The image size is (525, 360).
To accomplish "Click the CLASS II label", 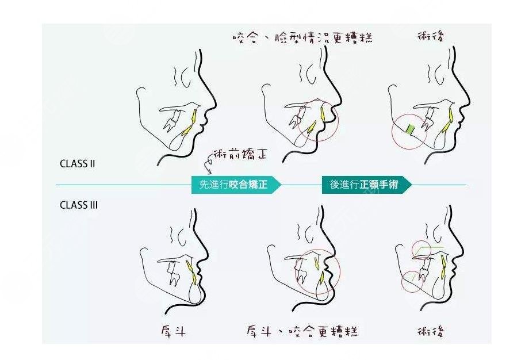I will click(77, 163).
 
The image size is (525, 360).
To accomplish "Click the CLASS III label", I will click(78, 205).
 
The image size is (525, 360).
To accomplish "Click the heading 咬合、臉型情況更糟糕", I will click(302, 38).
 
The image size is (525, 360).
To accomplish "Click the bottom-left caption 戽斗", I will click(173, 331).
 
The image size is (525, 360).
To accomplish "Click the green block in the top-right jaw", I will click(410, 129).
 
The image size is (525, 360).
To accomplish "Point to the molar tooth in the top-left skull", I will click(171, 120).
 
